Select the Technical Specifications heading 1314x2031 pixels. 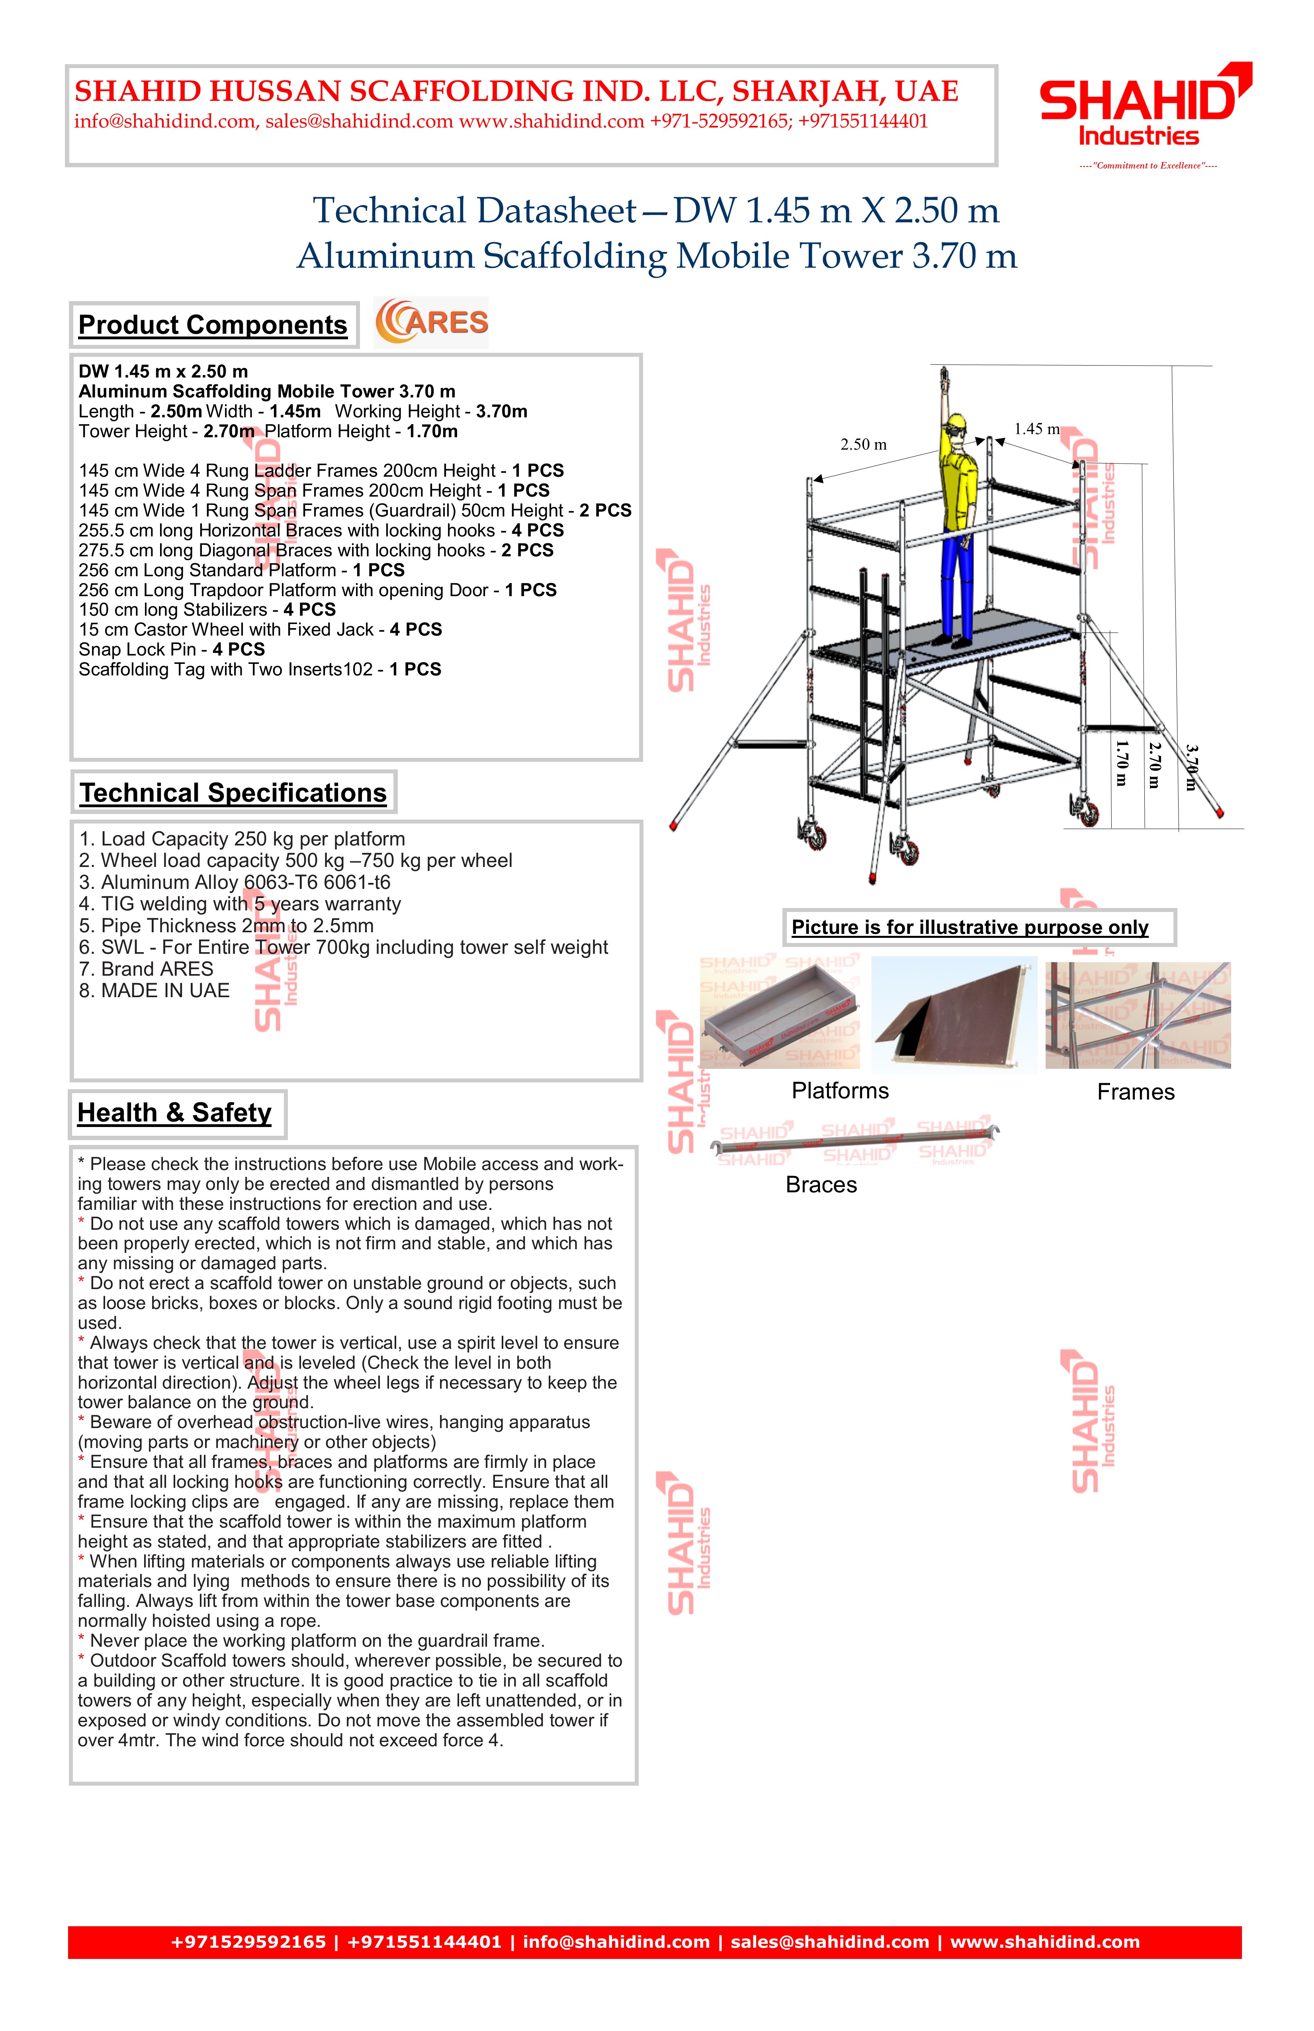tap(233, 793)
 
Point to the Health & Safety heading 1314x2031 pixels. tap(175, 1113)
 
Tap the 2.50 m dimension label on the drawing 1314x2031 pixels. tap(862, 444)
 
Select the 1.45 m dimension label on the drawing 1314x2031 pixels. tap(1036, 429)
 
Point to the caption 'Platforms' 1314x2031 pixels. tap(840, 1091)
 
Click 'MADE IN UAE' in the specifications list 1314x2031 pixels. tap(154, 991)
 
